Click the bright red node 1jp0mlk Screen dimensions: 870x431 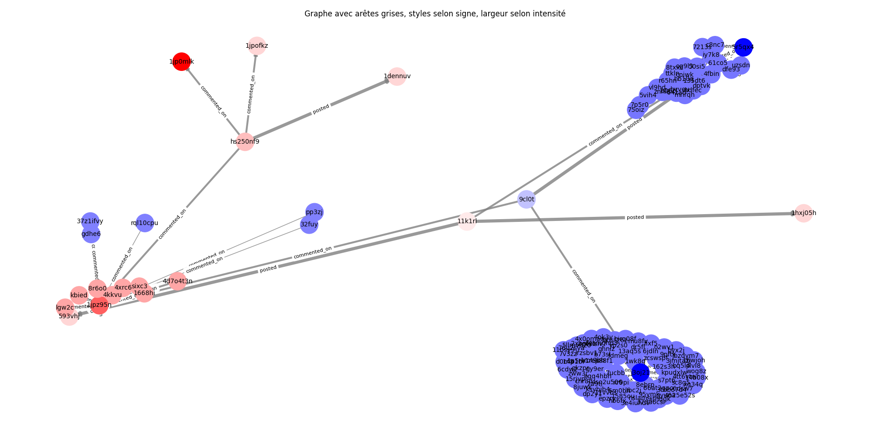tap(181, 62)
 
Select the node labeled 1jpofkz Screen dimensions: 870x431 tap(257, 46)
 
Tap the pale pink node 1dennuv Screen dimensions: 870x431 tap(397, 76)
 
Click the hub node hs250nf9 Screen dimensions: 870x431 tap(245, 141)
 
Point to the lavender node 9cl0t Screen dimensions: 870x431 tap(527, 200)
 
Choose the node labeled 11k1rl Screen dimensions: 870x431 tap(467, 221)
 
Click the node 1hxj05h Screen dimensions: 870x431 tap(803, 213)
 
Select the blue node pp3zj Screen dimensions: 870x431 tap(314, 212)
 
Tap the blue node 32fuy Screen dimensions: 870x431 tap(309, 224)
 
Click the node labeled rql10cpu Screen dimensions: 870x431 tap(145, 223)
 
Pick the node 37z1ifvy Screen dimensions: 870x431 tap(90, 221)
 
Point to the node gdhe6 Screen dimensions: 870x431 tap(91, 234)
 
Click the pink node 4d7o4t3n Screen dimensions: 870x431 tap(177, 281)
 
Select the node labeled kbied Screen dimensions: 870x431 tap(79, 295)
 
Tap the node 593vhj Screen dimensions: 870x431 tap(69, 316)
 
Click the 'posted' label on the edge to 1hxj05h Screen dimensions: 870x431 tap(635, 217)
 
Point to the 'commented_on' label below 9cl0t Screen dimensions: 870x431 tap(583, 286)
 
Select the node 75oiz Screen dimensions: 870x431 tap(636, 110)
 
